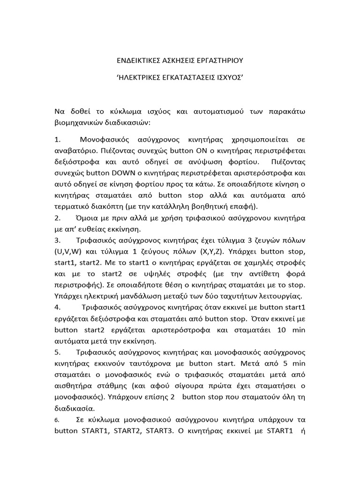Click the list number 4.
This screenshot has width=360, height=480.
[58, 308]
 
